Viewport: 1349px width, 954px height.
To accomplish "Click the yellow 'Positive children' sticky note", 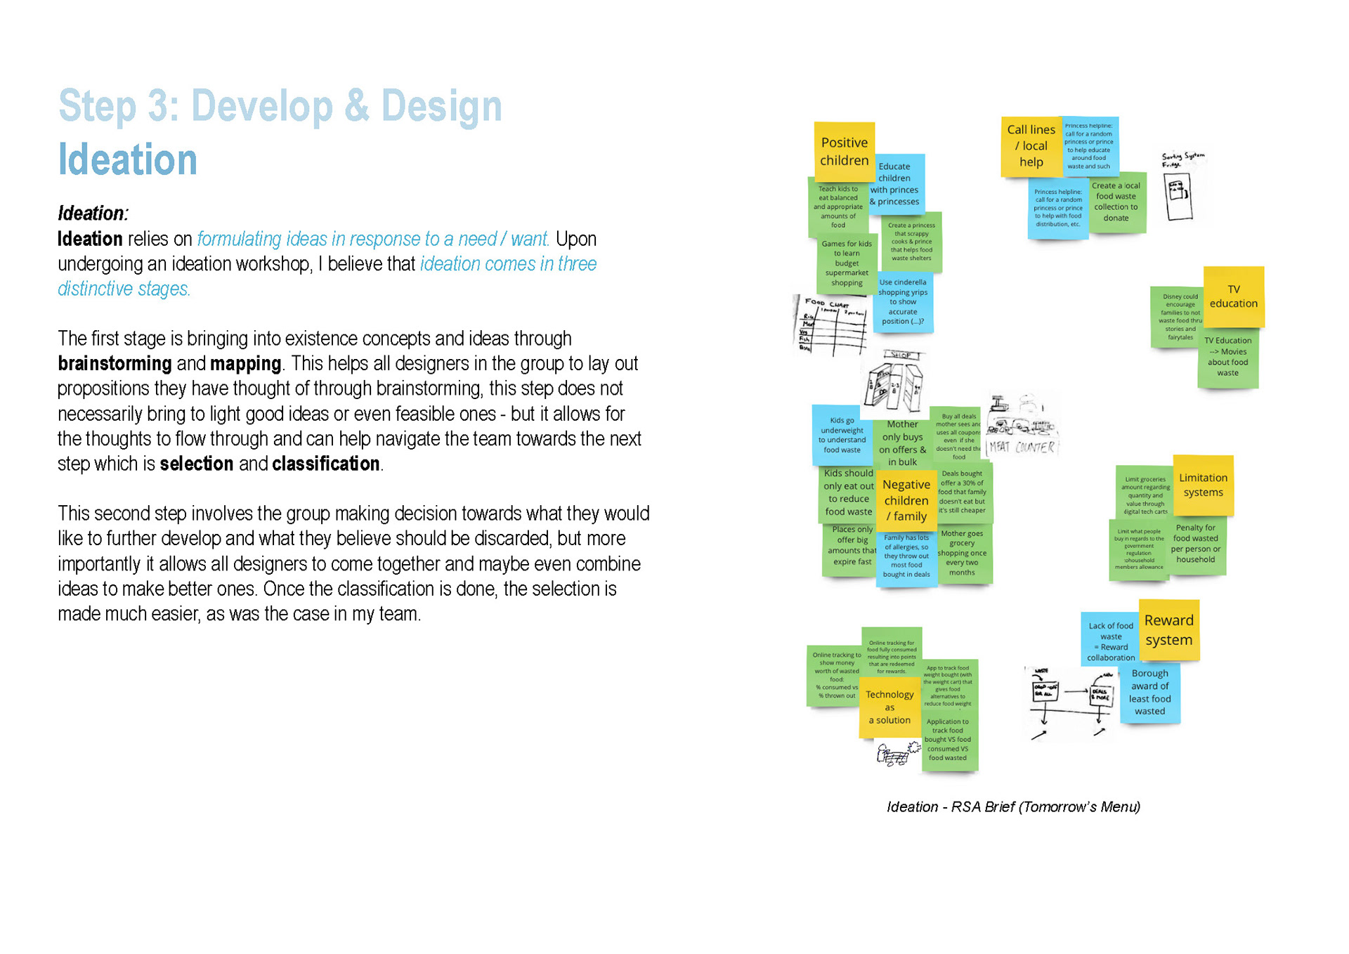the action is pyautogui.click(x=844, y=150).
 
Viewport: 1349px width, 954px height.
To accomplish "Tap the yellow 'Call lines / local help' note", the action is pyautogui.click(x=1030, y=146).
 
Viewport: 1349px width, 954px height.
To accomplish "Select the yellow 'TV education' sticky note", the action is pyautogui.click(x=1233, y=296).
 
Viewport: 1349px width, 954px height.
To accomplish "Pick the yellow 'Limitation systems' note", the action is pyautogui.click(x=1203, y=485).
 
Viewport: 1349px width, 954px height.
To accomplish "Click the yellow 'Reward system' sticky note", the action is pyautogui.click(x=1168, y=629).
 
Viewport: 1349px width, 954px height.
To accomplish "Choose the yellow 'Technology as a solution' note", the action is pyautogui.click(x=889, y=707).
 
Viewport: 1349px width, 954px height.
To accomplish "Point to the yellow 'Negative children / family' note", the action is pyautogui.click(x=906, y=499).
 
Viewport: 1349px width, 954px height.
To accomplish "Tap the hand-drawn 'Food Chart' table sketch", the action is pyautogui.click(x=830, y=325).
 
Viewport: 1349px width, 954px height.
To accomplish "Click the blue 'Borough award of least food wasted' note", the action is pyautogui.click(x=1149, y=692).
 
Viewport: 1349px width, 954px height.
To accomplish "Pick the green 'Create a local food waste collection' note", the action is pyautogui.click(x=1116, y=202).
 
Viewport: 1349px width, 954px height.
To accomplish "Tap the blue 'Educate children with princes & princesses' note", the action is pyautogui.click(x=895, y=184).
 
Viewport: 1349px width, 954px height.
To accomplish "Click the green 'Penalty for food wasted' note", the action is pyautogui.click(x=1195, y=544).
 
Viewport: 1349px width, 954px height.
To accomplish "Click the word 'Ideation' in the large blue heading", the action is pyautogui.click(x=127, y=159).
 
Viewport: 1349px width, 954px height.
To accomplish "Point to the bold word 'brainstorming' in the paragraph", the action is pyautogui.click(x=115, y=363).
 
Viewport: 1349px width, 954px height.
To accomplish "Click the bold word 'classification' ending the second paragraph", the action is pyautogui.click(x=326, y=464).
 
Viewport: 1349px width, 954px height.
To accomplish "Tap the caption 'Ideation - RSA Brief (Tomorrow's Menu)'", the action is pyautogui.click(x=1012, y=806).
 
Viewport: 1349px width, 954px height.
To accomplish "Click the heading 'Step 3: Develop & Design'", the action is pyautogui.click(x=280, y=106).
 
